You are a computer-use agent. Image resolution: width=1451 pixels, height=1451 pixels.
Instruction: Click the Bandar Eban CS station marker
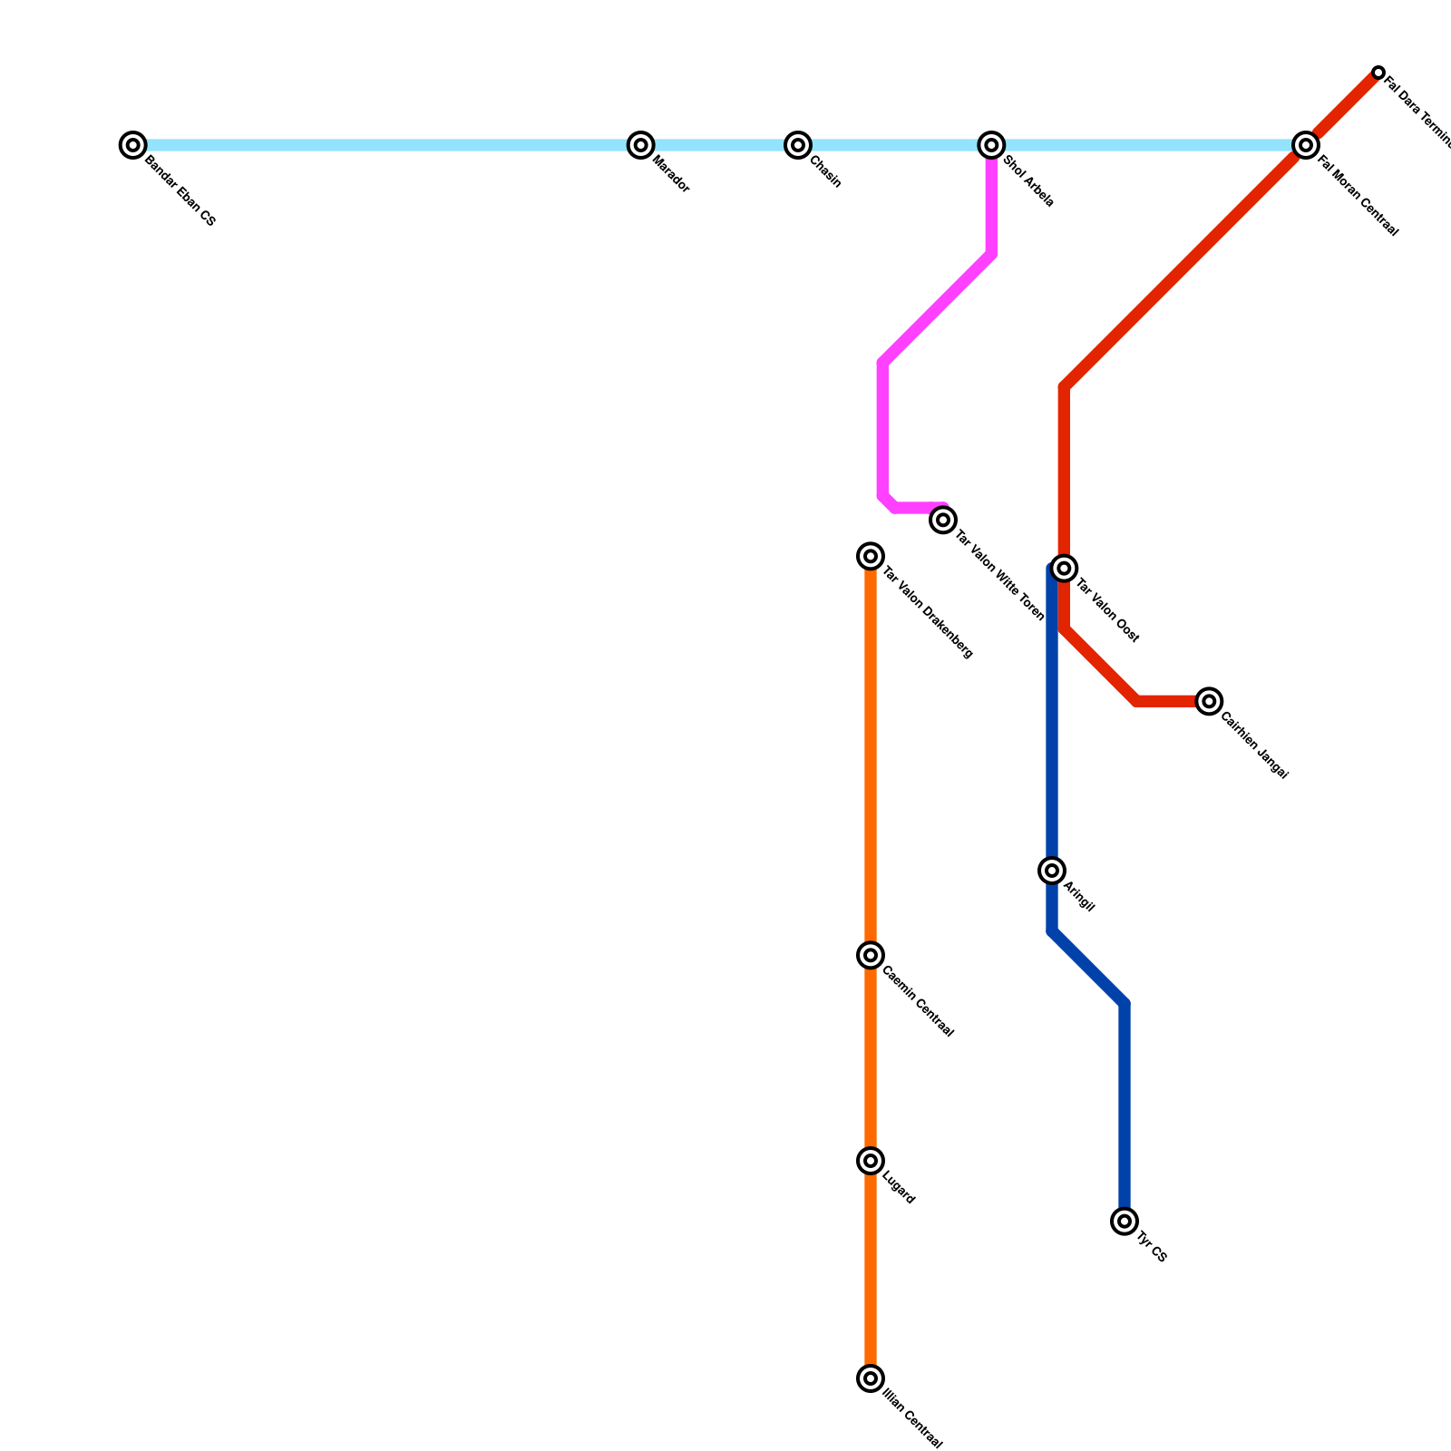click(x=133, y=145)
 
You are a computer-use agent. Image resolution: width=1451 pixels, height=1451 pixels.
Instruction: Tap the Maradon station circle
click(x=641, y=145)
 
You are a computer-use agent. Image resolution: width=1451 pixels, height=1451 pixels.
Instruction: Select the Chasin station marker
click(x=798, y=145)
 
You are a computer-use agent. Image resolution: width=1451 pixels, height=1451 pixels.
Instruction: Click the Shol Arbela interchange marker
click(x=992, y=145)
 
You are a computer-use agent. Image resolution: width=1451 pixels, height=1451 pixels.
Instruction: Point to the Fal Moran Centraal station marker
click(x=1305, y=145)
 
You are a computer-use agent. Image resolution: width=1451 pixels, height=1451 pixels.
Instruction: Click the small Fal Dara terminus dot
click(x=1378, y=73)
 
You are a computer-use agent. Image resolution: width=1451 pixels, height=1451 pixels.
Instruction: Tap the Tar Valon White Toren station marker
click(x=943, y=520)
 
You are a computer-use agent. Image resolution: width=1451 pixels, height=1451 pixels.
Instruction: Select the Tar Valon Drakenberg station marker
click(x=871, y=556)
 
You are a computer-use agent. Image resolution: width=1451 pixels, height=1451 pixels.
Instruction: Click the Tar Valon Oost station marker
click(x=1065, y=569)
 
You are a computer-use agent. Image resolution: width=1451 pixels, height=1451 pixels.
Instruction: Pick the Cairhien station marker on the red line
click(x=1208, y=701)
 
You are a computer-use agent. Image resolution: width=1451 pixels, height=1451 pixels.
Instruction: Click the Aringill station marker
click(x=1052, y=871)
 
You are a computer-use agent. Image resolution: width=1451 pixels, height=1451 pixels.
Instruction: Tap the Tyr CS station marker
click(x=1125, y=1222)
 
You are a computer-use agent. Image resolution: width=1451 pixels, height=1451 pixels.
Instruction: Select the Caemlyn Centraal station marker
click(x=871, y=955)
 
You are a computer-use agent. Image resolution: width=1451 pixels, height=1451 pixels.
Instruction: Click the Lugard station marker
click(x=871, y=1161)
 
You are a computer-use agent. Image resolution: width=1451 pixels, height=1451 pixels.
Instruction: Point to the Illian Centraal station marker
click(x=871, y=1378)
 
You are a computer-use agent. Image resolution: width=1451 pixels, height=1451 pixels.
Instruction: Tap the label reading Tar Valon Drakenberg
click(x=928, y=612)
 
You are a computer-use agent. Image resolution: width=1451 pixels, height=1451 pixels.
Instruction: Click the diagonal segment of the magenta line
click(x=937, y=309)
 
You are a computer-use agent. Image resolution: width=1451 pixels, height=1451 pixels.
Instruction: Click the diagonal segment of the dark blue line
click(x=1088, y=968)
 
